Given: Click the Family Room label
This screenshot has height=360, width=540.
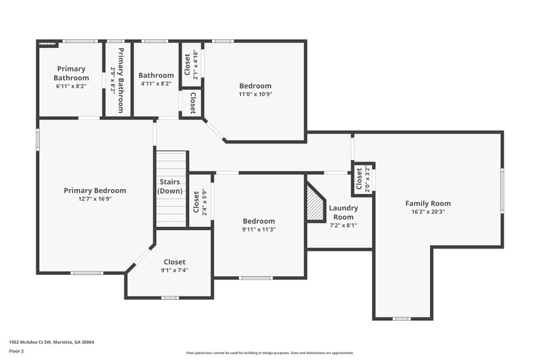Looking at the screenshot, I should pos(428,203).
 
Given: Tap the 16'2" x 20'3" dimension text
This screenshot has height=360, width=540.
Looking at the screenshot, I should pos(428,212).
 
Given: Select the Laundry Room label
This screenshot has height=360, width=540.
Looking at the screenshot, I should pos(343,212).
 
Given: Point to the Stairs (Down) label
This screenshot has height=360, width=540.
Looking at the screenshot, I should pos(171,186).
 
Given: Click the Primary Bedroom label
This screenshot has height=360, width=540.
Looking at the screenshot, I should pos(94,190).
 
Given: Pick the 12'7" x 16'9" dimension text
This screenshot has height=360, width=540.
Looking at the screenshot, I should pos(94,199).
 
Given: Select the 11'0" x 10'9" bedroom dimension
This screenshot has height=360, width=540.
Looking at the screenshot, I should pos(255,95).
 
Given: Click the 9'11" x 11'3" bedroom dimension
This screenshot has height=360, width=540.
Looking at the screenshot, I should pos(259,230).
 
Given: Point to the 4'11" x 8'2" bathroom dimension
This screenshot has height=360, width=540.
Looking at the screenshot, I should pos(156,84).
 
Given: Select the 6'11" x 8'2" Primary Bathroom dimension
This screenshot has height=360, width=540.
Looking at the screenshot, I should pos(72,86).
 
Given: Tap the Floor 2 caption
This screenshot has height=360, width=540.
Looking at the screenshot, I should pos(17,351).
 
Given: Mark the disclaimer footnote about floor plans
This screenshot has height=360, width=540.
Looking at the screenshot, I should pos(269,353).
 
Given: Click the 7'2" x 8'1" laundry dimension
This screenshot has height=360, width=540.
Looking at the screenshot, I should pos(343,226).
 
